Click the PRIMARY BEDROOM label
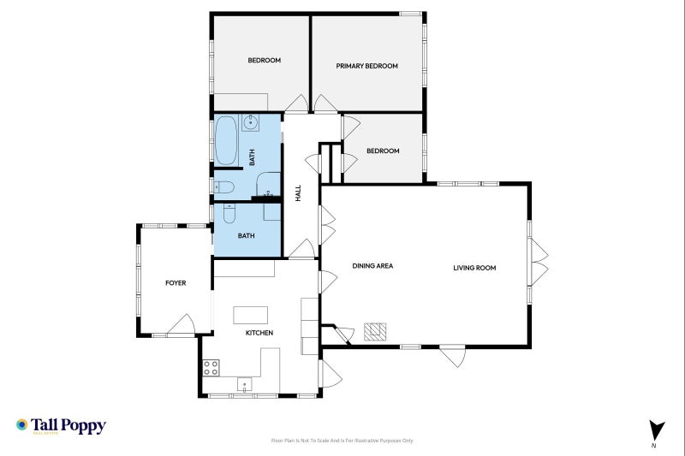366,66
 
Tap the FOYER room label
176,283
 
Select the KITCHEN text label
259,333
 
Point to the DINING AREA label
372,266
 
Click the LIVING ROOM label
474,268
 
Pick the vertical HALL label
298,193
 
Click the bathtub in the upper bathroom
226,141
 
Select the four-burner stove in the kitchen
211,368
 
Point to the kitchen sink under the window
246,384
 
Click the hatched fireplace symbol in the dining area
375,331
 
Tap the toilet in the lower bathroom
228,214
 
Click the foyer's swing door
182,325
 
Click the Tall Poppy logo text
68,424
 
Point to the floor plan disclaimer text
342,441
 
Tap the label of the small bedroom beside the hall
383,151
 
